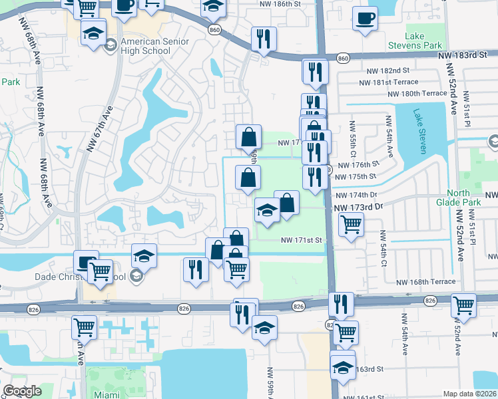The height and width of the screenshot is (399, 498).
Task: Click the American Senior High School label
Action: [x=155, y=47]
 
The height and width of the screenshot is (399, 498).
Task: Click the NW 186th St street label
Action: [x=284, y=4]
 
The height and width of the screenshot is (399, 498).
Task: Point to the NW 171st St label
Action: [x=301, y=239]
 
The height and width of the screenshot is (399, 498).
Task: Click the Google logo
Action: [x=22, y=391]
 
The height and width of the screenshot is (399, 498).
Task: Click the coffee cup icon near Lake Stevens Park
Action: [x=364, y=19]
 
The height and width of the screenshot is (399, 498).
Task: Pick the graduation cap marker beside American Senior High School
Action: [x=94, y=32]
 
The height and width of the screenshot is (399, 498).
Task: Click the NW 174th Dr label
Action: [x=357, y=195]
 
